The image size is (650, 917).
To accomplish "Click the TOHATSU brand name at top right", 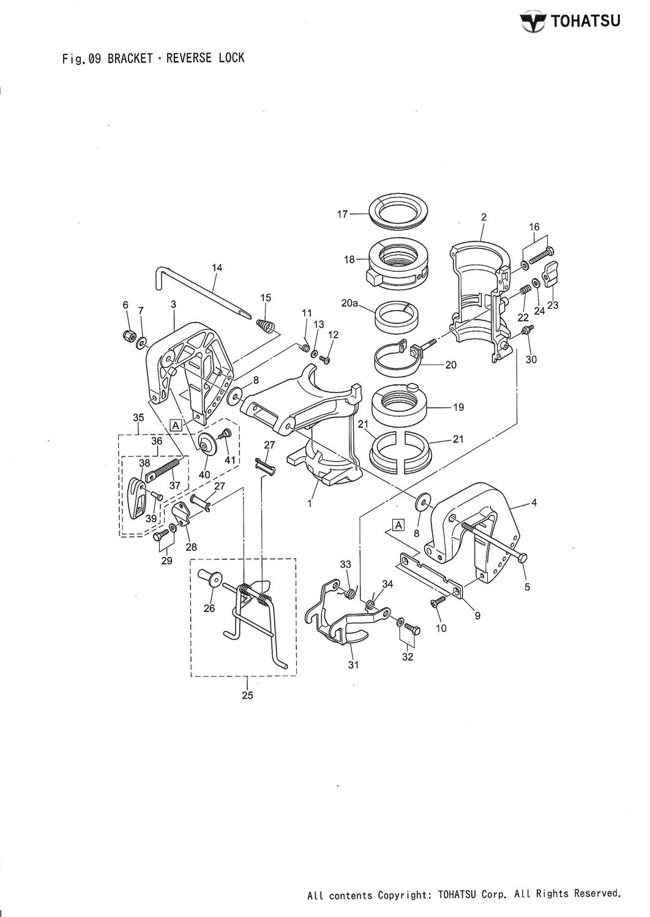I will (x=585, y=22).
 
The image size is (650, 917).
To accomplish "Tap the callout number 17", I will (x=342, y=214).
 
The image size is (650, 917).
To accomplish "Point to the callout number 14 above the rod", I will (x=217, y=267).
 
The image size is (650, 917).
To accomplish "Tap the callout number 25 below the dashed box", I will (x=247, y=695).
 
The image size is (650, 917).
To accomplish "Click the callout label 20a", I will (x=349, y=303).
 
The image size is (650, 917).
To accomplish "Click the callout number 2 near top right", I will (x=484, y=217).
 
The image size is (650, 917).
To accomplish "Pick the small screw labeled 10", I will (x=437, y=603).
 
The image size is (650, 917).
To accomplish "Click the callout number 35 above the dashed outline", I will (x=138, y=418).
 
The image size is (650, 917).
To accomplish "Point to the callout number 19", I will (x=458, y=407).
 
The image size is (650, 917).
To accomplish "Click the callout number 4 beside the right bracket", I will (x=534, y=504).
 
